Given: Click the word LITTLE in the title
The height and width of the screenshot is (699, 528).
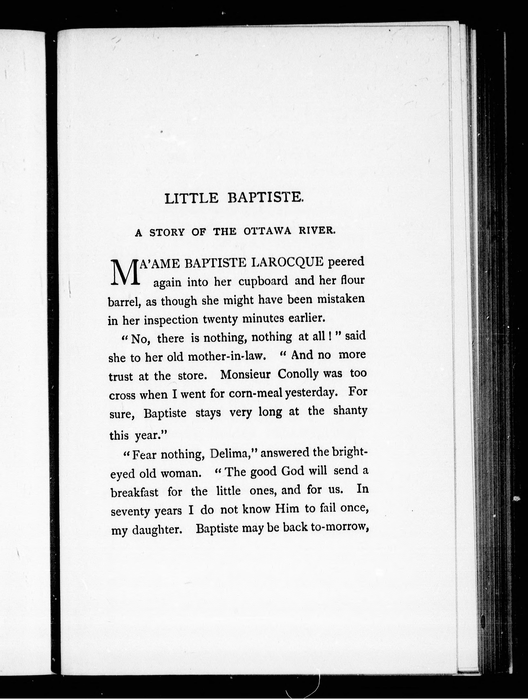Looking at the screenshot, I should click(191, 198).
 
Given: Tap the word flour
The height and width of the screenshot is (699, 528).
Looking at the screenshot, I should click(352, 280).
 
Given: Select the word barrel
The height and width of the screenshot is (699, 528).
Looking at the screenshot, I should click(124, 302).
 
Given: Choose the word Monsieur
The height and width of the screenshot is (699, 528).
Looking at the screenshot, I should click(245, 375).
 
